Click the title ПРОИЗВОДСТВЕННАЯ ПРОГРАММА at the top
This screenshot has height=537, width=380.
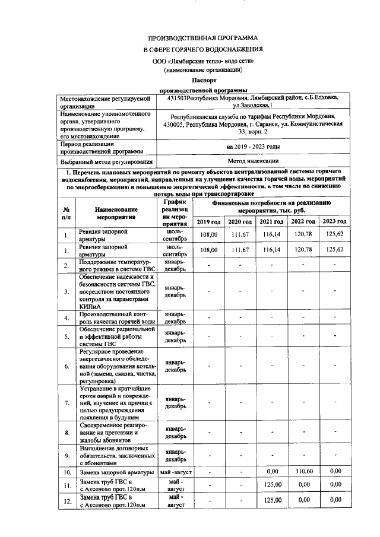point(203,36)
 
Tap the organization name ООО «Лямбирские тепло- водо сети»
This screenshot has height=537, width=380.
point(203,61)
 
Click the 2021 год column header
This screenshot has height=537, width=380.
point(271,221)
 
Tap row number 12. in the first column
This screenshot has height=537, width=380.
point(67,501)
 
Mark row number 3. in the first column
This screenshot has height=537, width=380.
point(67,291)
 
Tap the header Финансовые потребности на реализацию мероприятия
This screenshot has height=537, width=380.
point(271,206)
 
